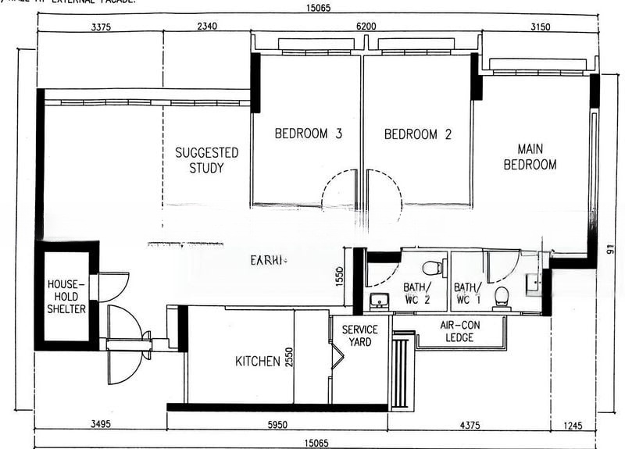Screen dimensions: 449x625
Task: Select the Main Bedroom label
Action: pos(530,156)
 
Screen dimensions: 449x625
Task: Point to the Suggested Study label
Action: pos(206,160)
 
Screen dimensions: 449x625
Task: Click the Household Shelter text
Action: pos(66,296)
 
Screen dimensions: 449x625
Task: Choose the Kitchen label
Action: pos(258,361)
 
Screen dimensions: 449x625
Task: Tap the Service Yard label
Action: pos(359,336)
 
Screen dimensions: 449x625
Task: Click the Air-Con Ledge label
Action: pos(461,331)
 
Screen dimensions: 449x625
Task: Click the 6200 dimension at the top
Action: pos(366,27)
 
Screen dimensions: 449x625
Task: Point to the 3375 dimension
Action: pos(102,27)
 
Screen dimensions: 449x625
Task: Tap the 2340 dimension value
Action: pos(207,27)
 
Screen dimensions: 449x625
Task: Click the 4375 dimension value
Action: pos(469,426)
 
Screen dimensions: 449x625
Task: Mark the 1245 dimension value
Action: pos(573,426)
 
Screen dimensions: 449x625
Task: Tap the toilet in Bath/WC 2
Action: pos(432,268)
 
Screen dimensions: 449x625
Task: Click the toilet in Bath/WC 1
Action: pos(502,295)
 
